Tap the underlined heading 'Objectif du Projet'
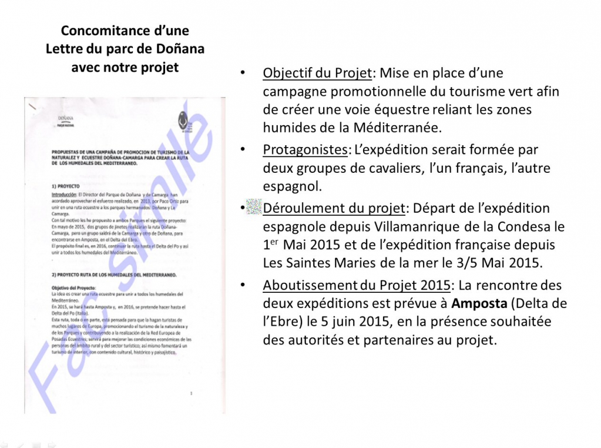point(317,73)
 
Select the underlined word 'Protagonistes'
point(305,150)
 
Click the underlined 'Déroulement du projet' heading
point(334,208)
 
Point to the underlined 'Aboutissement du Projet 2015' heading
point(357,286)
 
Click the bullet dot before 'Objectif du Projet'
point(243,73)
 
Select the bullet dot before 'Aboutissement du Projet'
point(243,286)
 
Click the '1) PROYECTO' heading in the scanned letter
point(66,186)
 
